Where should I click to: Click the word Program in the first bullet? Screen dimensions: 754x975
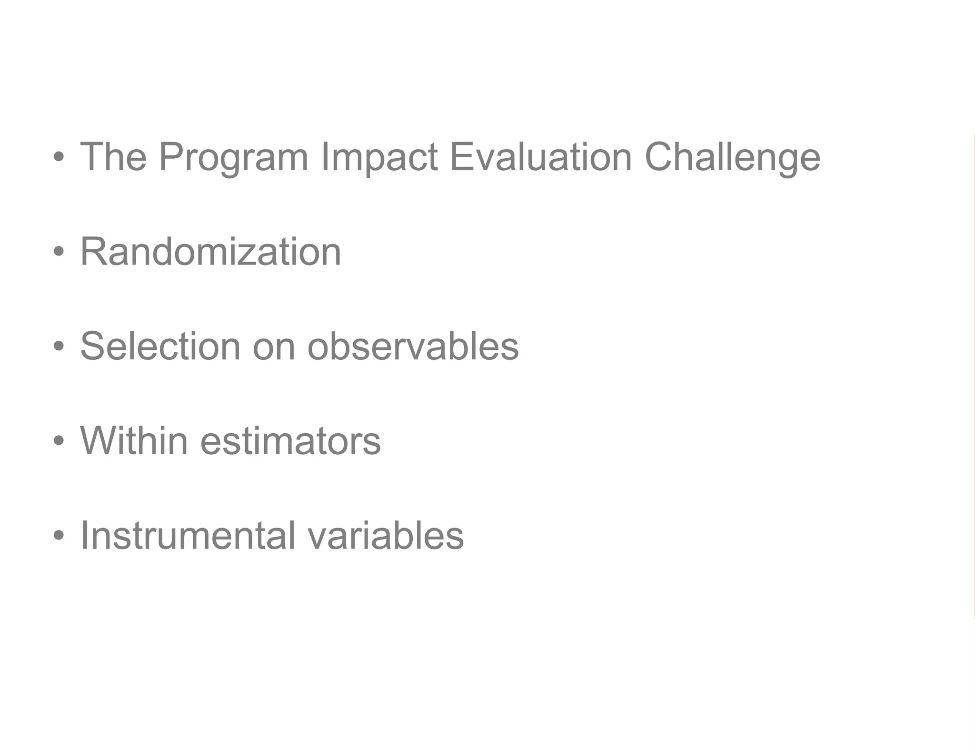pos(233,158)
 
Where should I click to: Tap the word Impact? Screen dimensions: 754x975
pos(379,158)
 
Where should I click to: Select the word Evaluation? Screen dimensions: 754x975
pos(540,157)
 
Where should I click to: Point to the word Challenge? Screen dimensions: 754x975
pos(732,158)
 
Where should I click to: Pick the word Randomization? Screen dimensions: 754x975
pos(210,252)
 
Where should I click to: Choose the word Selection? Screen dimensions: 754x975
pos(160,346)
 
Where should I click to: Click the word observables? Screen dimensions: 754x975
pos(413,346)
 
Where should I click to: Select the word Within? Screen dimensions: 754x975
pos(134,440)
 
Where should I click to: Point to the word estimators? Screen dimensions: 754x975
pos(290,441)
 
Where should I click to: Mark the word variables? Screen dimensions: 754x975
pos(386,535)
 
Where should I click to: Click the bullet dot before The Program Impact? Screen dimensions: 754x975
pos(59,157)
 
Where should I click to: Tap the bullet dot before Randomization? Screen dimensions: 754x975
pos(59,252)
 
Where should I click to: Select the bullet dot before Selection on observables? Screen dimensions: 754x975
pos(59,346)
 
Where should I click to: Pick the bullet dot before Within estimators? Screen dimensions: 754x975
pos(59,441)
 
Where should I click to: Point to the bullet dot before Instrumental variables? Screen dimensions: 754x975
pos(59,535)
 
